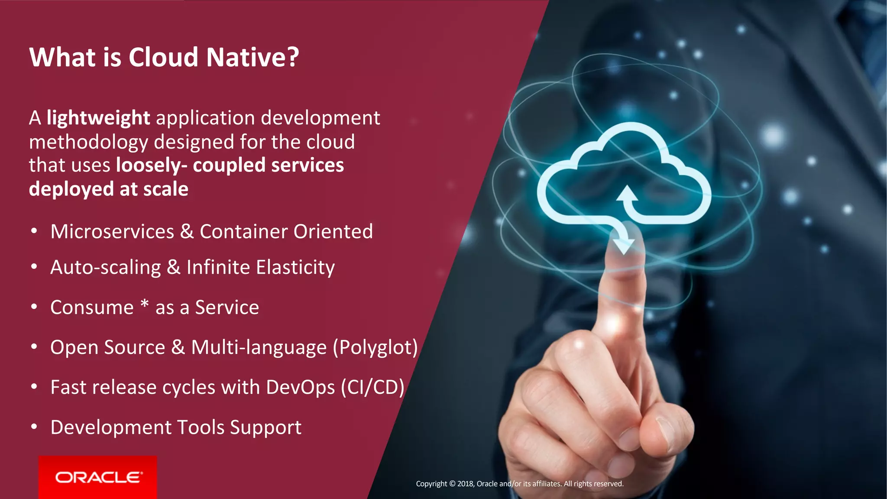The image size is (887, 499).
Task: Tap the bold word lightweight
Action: tap(98, 118)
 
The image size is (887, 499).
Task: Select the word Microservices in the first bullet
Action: tap(112, 232)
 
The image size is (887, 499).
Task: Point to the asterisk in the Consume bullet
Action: tap(145, 304)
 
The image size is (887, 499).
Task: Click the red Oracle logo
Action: tap(98, 477)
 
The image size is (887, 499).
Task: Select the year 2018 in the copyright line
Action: tap(465, 484)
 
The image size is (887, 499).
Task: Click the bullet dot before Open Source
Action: tap(34, 347)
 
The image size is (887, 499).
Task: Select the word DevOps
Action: tap(300, 387)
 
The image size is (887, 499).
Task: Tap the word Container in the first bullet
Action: tap(243, 232)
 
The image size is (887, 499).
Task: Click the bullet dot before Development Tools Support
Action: tap(34, 427)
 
